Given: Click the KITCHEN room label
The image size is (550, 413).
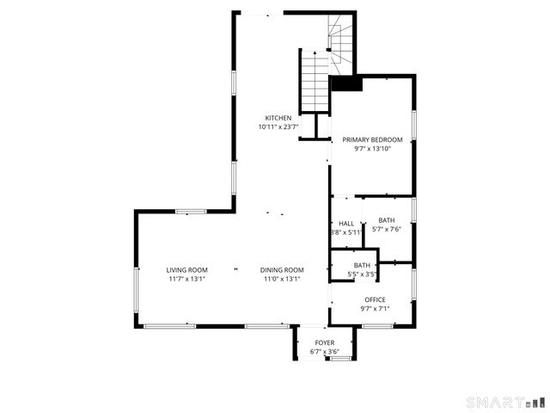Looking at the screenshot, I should (278, 118).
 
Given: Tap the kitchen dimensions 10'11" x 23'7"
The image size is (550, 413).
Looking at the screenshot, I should (278, 127).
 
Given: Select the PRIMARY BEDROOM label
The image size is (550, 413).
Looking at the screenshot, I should (372, 139).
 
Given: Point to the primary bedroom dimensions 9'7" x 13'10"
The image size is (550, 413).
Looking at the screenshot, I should (372, 149).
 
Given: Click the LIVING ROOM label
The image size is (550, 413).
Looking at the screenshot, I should (186, 270).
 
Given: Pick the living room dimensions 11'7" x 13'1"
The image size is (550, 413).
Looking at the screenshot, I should (186, 279).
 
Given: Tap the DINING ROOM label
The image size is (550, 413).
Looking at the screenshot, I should (282, 270).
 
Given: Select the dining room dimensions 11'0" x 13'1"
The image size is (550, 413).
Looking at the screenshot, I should (282, 279).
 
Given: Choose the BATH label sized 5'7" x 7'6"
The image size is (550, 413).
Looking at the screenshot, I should (387, 220).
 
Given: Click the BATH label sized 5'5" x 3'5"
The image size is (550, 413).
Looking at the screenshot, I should (362, 266).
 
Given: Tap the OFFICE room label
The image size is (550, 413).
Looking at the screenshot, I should (375, 300).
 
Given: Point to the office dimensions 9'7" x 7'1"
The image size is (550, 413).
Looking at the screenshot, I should (375, 309).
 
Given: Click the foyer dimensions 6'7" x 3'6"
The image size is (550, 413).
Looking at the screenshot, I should (324, 352).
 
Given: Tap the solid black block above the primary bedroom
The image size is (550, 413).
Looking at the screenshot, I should (346, 84).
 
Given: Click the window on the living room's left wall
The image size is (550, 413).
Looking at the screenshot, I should (136, 290).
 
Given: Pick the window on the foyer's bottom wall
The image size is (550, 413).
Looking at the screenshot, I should (339, 357).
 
